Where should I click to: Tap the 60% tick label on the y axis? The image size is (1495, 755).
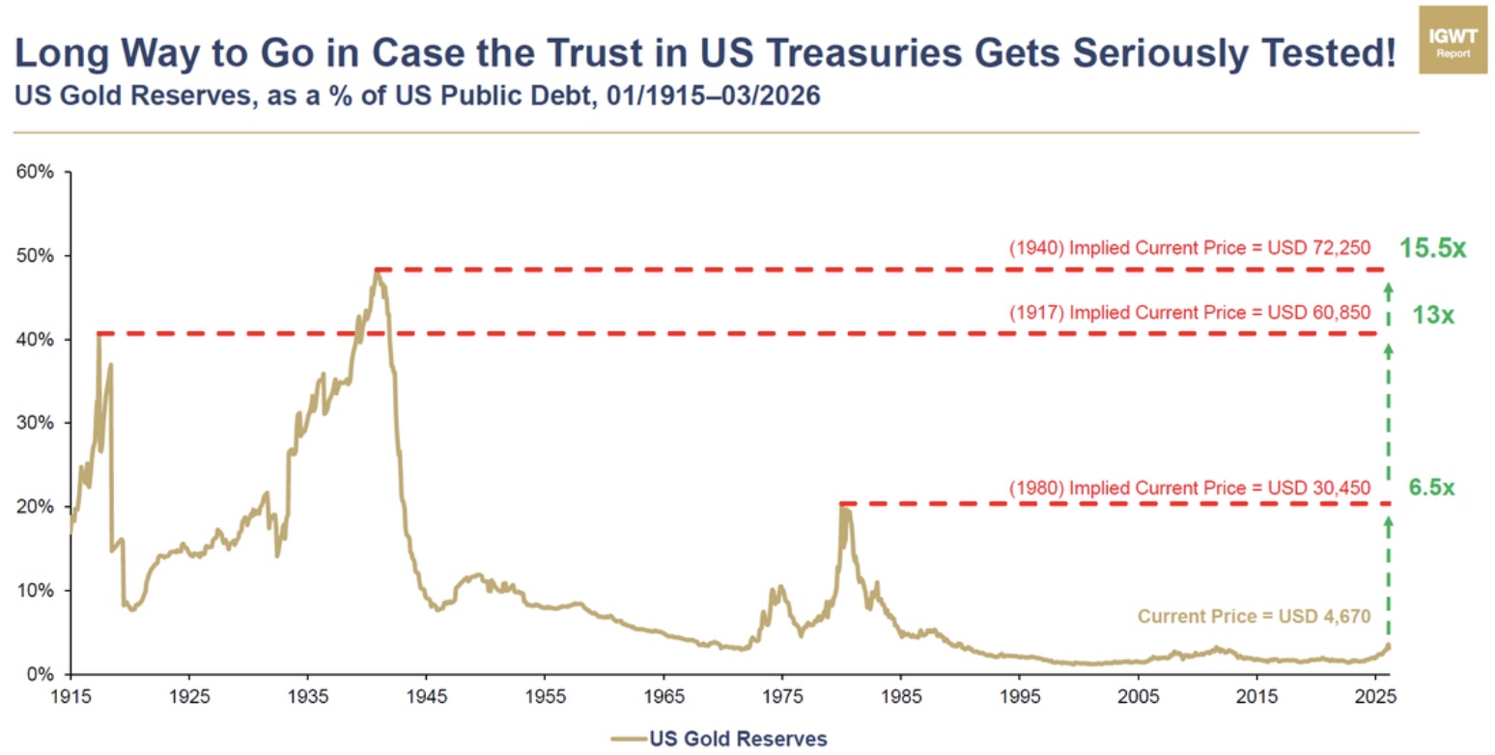[x=36, y=173]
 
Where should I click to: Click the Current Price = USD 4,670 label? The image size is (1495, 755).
[x=1255, y=616]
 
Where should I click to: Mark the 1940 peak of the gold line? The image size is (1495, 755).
[x=377, y=271]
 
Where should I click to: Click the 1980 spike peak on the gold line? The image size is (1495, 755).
[x=843, y=506]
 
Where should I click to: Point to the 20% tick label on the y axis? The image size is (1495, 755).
[x=36, y=507]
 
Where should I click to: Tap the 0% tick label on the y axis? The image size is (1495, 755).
[x=40, y=674]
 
